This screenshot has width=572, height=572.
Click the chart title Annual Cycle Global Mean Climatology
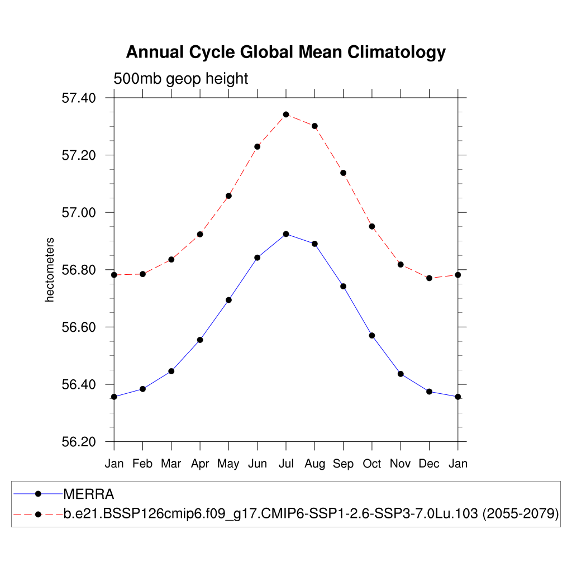pyautogui.click(x=285, y=52)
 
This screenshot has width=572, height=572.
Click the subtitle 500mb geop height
pyautogui.click(x=180, y=79)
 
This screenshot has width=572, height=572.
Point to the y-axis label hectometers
pyautogui.click(x=50, y=270)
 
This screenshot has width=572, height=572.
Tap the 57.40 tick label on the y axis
pyautogui.click(x=78, y=98)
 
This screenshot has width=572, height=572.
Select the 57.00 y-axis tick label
pyautogui.click(x=78, y=213)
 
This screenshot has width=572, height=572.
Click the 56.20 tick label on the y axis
pyautogui.click(x=78, y=442)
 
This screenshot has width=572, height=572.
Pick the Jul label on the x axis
pyautogui.click(x=286, y=464)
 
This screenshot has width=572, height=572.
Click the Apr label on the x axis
pyautogui.click(x=200, y=464)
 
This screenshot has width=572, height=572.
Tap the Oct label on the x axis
pyautogui.click(x=372, y=464)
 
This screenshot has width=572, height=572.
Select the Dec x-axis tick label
pyautogui.click(x=429, y=464)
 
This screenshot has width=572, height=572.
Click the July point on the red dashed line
pyautogui.click(x=286, y=115)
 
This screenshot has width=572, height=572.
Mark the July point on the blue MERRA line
pyautogui.click(x=286, y=234)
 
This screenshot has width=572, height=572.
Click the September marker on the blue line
pyautogui.click(x=344, y=287)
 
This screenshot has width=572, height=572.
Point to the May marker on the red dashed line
pyautogui.click(x=228, y=196)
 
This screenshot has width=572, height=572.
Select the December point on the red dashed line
pyautogui.click(x=429, y=278)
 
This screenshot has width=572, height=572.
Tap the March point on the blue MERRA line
pyautogui.click(x=171, y=371)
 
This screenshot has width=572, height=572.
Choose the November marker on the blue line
pyautogui.click(x=401, y=374)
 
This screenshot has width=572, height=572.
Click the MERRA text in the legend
pyautogui.click(x=89, y=494)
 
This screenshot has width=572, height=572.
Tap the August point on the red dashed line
pyautogui.click(x=314, y=126)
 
